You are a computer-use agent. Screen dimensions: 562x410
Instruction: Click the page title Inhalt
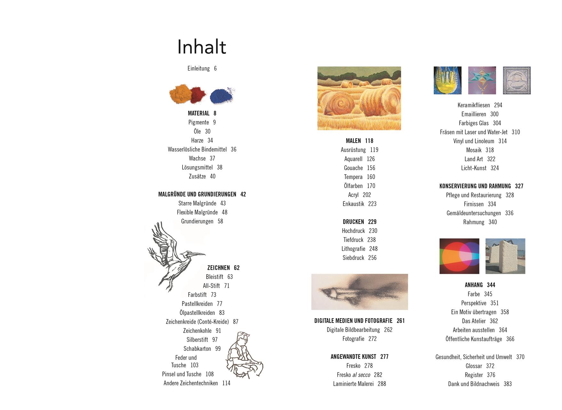coord(202,47)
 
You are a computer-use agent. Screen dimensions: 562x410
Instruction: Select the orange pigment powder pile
coord(181,93)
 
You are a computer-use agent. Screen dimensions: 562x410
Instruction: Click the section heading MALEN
coord(353,141)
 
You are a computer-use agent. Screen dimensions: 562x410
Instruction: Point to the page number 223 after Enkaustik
coord(372,204)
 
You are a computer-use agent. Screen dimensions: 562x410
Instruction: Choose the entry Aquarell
coord(353,159)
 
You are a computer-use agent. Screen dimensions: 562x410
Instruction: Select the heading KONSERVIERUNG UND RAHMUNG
coord(475,186)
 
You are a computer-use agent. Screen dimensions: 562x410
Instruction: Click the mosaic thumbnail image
coord(517,80)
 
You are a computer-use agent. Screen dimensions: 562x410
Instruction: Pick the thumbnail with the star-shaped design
coord(482,80)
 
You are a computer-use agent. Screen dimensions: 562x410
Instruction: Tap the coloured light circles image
coord(459,256)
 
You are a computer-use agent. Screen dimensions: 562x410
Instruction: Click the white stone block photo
coord(505,256)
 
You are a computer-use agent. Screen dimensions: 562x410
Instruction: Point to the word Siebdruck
coord(353,258)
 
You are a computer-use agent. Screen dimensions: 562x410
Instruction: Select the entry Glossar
coord(474,366)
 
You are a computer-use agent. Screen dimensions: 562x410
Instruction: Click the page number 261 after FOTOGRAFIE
coord(401,321)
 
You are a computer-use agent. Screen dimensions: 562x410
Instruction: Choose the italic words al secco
coord(361,375)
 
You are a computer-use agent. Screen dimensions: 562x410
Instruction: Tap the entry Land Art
coord(474,159)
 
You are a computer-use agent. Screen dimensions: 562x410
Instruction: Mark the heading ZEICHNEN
coord(218,268)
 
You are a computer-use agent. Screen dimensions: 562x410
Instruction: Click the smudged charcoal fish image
coord(360,292)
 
